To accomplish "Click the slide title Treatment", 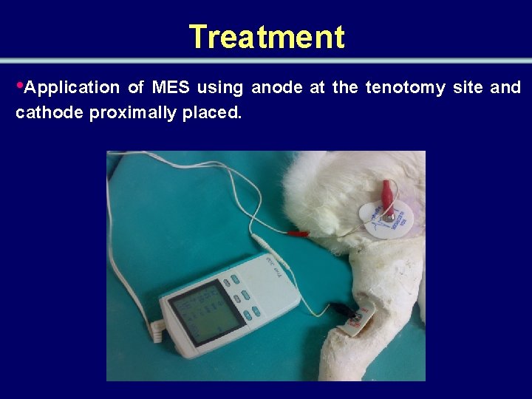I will click(266, 37).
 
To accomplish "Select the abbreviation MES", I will click(171, 88).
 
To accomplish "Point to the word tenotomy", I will click(405, 88).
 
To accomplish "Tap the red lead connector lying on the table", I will click(296, 233).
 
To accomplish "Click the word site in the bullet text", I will click(468, 88).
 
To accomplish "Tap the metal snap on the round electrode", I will click(387, 216).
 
